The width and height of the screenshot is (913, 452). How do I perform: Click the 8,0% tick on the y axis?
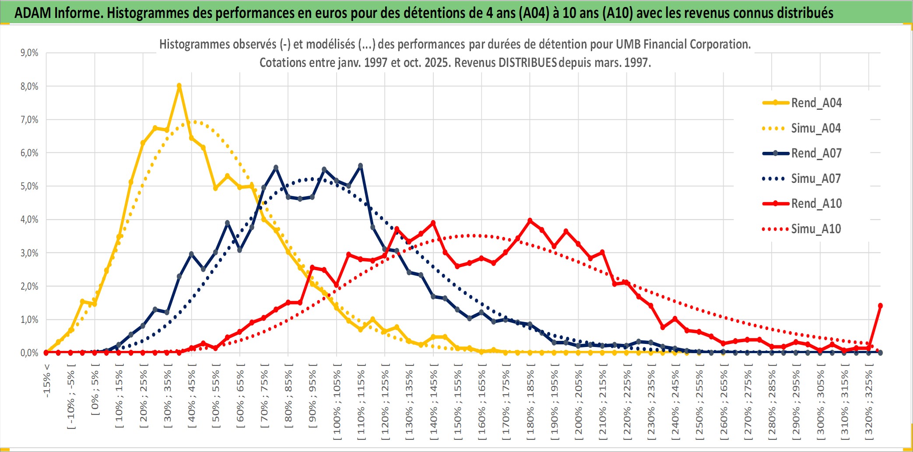(29, 86)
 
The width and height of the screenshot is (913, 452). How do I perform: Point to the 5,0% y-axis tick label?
(29, 186)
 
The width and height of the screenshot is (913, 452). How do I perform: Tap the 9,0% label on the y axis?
(29, 53)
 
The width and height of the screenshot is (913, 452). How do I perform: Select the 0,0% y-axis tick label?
(29, 353)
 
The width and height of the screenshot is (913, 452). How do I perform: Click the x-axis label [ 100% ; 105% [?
(337, 405)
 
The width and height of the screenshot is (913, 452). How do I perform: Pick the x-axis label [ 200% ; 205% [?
(579, 405)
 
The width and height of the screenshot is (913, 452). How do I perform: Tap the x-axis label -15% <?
(47, 381)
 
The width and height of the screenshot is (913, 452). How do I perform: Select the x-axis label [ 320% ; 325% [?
(869, 405)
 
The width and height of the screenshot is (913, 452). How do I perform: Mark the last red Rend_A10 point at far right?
(880, 306)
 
